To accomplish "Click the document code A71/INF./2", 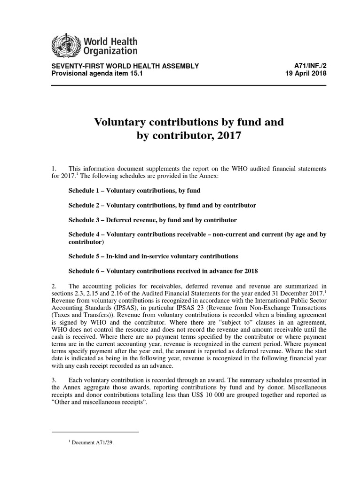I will tap(309, 66).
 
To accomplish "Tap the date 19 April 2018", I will tap(306, 74).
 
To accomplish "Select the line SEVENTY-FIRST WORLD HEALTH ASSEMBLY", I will tap(125, 66).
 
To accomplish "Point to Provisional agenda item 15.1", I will tap(92, 74).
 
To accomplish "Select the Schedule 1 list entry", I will tap(134, 191).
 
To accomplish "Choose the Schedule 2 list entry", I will tap(162, 205).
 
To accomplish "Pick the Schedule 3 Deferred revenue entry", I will tap(153, 220).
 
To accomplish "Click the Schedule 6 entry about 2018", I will tap(163, 271).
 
